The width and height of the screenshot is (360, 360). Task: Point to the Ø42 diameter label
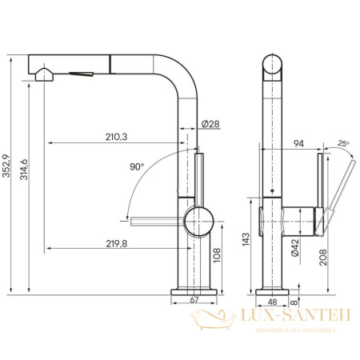[295, 248]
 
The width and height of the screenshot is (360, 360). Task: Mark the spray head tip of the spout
[45, 74]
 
